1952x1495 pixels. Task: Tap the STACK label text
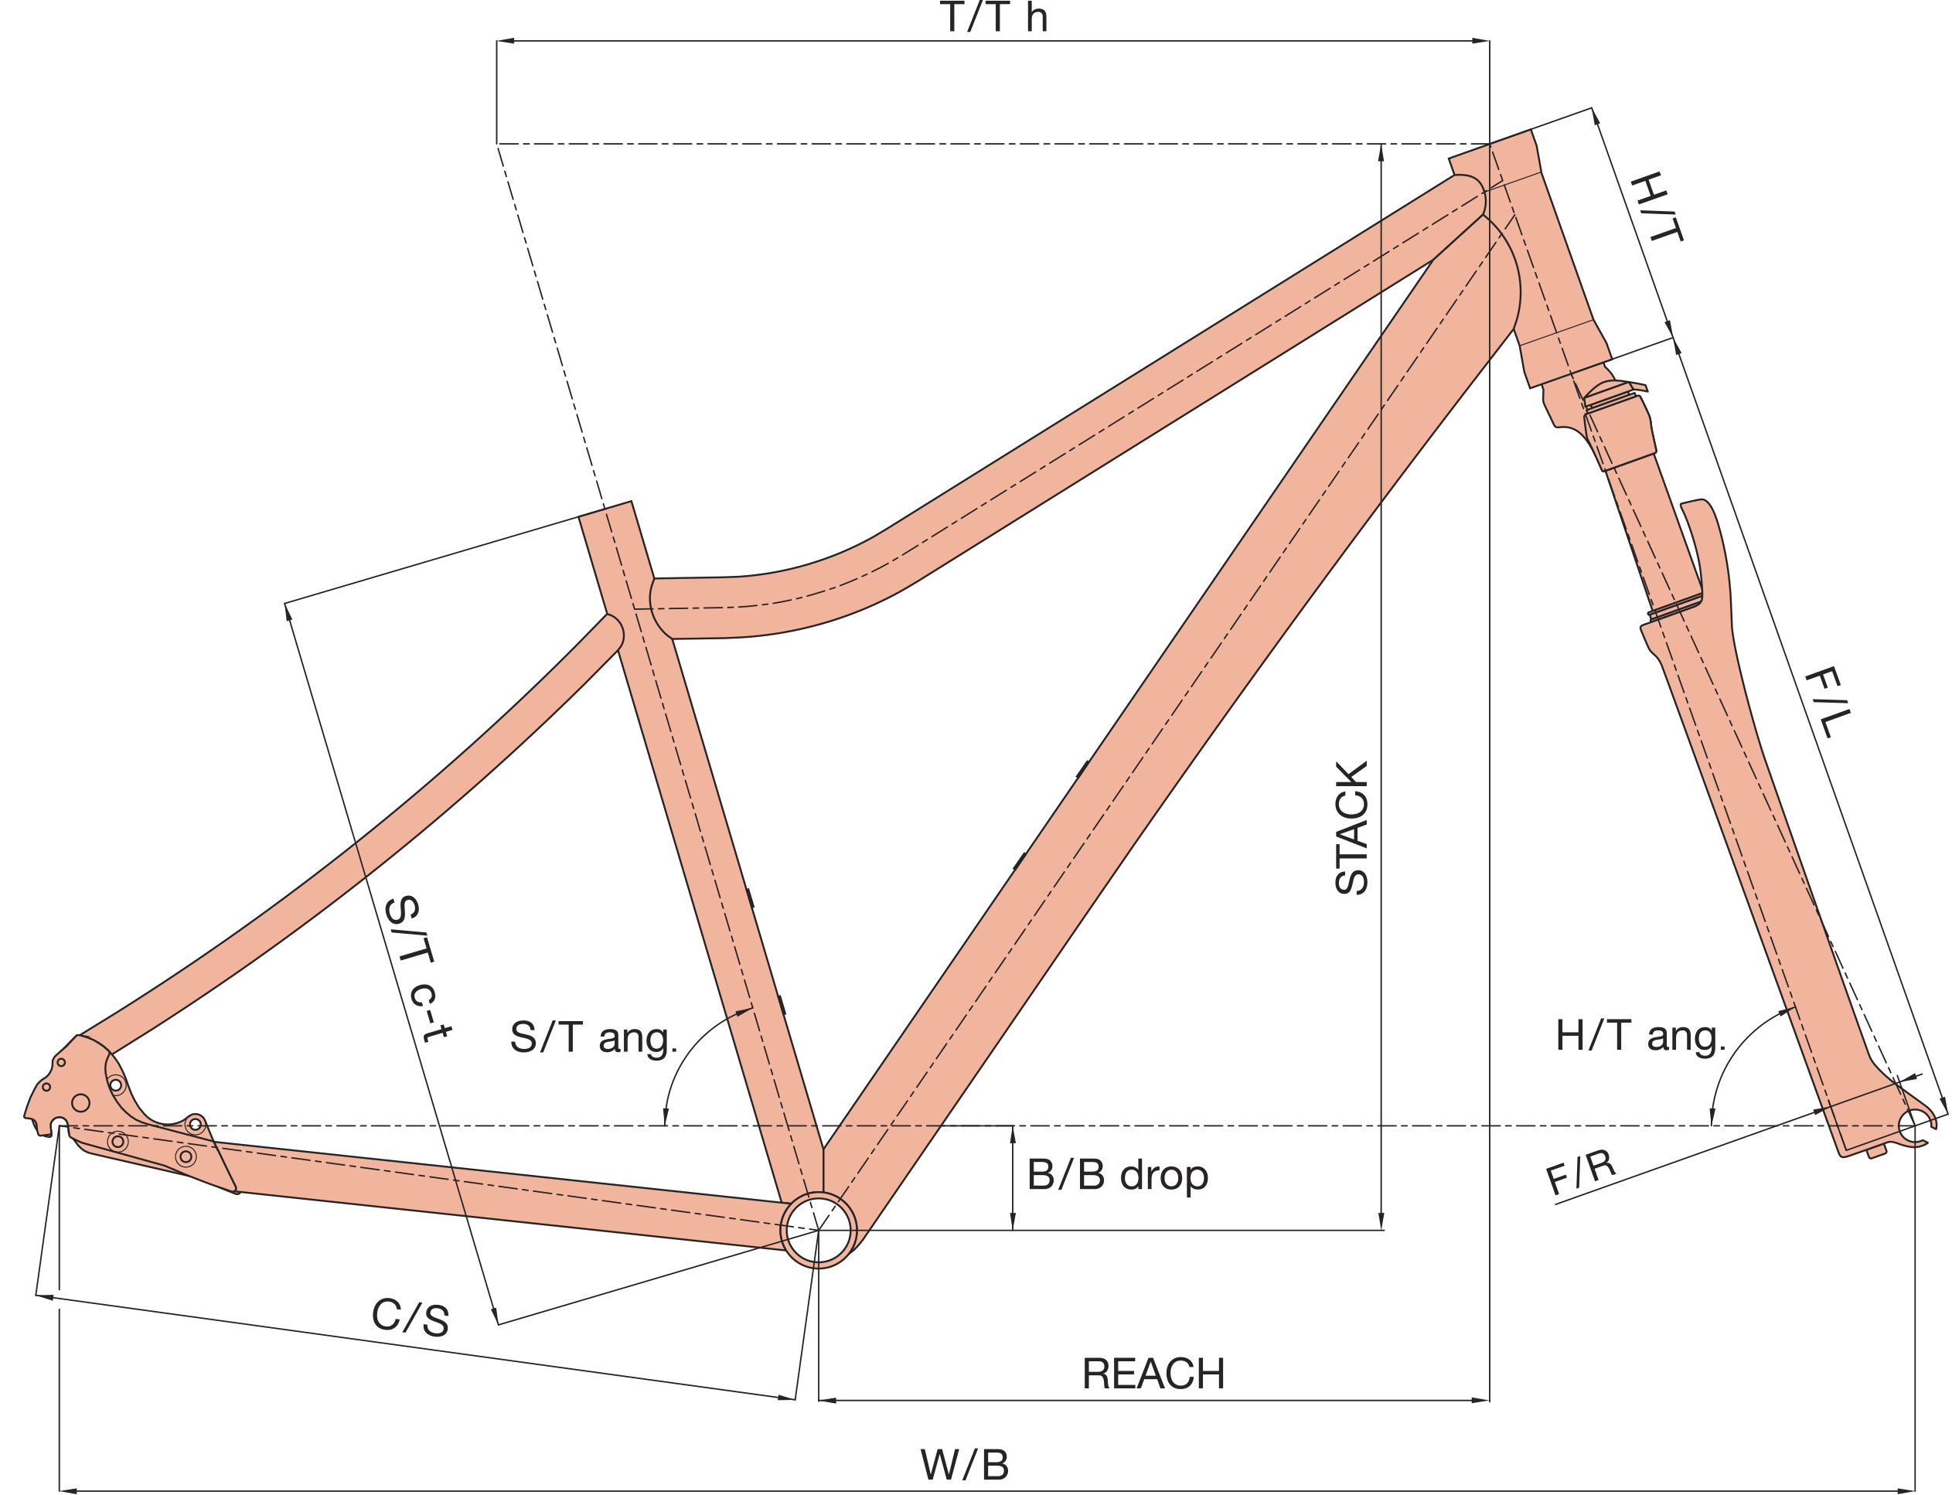(x=1351, y=828)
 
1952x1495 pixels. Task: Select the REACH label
(x=1153, y=1373)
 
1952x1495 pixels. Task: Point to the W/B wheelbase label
(x=965, y=1465)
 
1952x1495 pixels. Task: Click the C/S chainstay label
(x=410, y=1316)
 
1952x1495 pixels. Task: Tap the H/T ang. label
(x=1640, y=1036)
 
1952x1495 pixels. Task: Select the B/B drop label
(x=1117, y=1175)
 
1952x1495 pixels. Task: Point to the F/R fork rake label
(x=1581, y=1171)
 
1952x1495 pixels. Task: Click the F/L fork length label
(x=1828, y=703)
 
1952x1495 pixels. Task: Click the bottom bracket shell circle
(x=818, y=1230)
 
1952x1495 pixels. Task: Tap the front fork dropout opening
(x=1912, y=1126)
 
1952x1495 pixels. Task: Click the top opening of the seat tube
(x=606, y=509)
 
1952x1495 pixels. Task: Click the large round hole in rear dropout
(x=80, y=1103)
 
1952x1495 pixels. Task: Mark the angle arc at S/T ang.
(x=685, y=1050)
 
